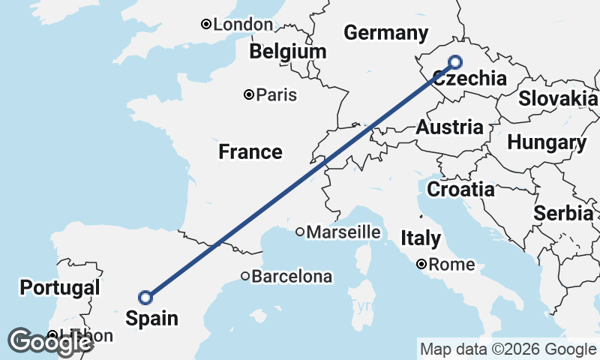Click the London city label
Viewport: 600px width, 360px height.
coord(242,25)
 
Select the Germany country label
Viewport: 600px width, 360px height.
coord(385,33)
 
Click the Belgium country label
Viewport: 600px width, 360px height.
coord(289,52)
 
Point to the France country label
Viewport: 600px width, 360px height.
coord(250,152)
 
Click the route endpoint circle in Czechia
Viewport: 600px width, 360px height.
coord(454,63)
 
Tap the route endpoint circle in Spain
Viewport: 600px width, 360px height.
coord(146,298)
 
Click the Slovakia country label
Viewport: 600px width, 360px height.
coord(558,98)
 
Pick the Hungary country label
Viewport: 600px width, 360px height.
coord(547,142)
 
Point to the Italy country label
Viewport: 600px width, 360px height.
coord(421,239)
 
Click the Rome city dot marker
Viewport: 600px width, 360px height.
coord(422,264)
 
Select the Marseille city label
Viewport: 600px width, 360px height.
coord(343,232)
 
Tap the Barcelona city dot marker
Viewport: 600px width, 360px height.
coord(245,277)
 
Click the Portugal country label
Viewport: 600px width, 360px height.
coord(60,287)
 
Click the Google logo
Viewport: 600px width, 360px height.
coord(49,342)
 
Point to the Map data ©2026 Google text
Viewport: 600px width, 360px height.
coord(508,349)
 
